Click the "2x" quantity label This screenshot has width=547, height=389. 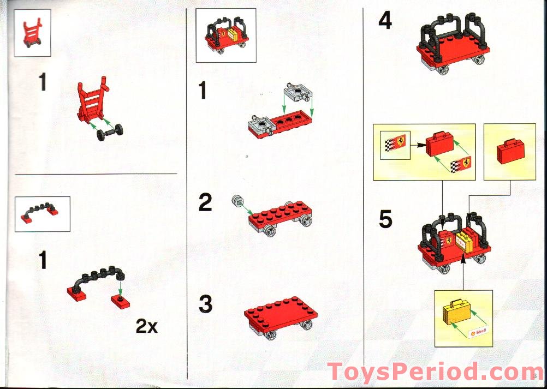coord(146,327)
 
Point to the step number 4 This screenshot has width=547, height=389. coord(385,21)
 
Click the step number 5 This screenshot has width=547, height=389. coord(385,219)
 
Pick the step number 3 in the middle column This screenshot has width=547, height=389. coord(205,304)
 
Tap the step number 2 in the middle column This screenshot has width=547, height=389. coord(205,203)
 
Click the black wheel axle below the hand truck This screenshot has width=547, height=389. coord(110,132)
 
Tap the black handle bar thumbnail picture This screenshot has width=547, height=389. coord(42,214)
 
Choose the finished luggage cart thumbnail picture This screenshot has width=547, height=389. coord(225,35)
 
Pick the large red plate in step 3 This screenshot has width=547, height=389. coord(281,313)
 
